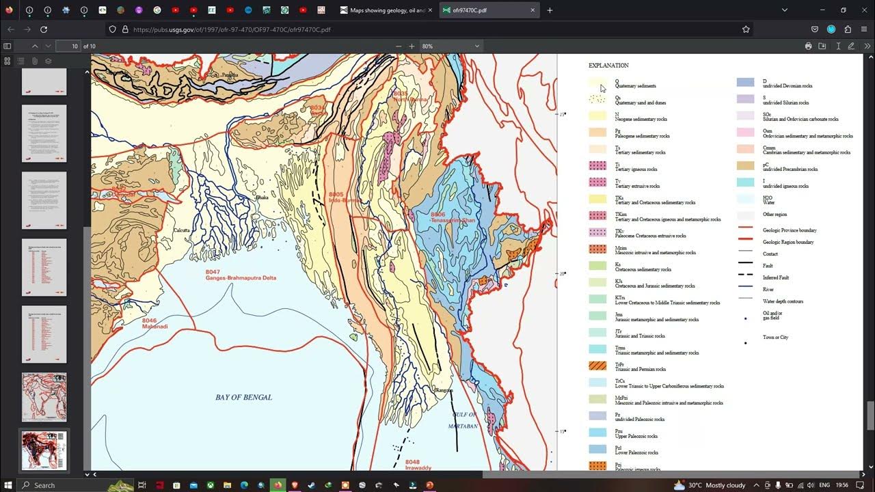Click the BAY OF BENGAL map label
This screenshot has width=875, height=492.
[x=243, y=397]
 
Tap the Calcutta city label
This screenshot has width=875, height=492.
[x=181, y=231]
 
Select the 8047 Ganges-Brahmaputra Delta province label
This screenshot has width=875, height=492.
[x=241, y=275]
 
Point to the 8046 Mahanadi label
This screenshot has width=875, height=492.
[x=154, y=323]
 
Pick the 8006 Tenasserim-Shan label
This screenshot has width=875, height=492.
[x=442, y=217]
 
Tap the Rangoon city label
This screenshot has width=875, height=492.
[x=444, y=390]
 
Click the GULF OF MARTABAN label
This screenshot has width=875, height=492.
[x=463, y=420]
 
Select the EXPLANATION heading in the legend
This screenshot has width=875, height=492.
[x=608, y=66]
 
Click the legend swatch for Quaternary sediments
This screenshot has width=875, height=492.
[x=597, y=83]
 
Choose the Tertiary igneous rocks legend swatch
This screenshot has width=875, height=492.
[x=597, y=166]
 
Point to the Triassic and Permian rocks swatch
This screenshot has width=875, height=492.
[x=597, y=366]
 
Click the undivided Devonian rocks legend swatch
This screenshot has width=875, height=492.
[x=745, y=83]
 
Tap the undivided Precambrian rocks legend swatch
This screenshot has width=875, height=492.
[x=745, y=166]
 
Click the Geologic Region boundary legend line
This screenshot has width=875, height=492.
[x=745, y=239]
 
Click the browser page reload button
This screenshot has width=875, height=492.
[x=44, y=29]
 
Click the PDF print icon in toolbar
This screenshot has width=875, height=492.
[x=808, y=46]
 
